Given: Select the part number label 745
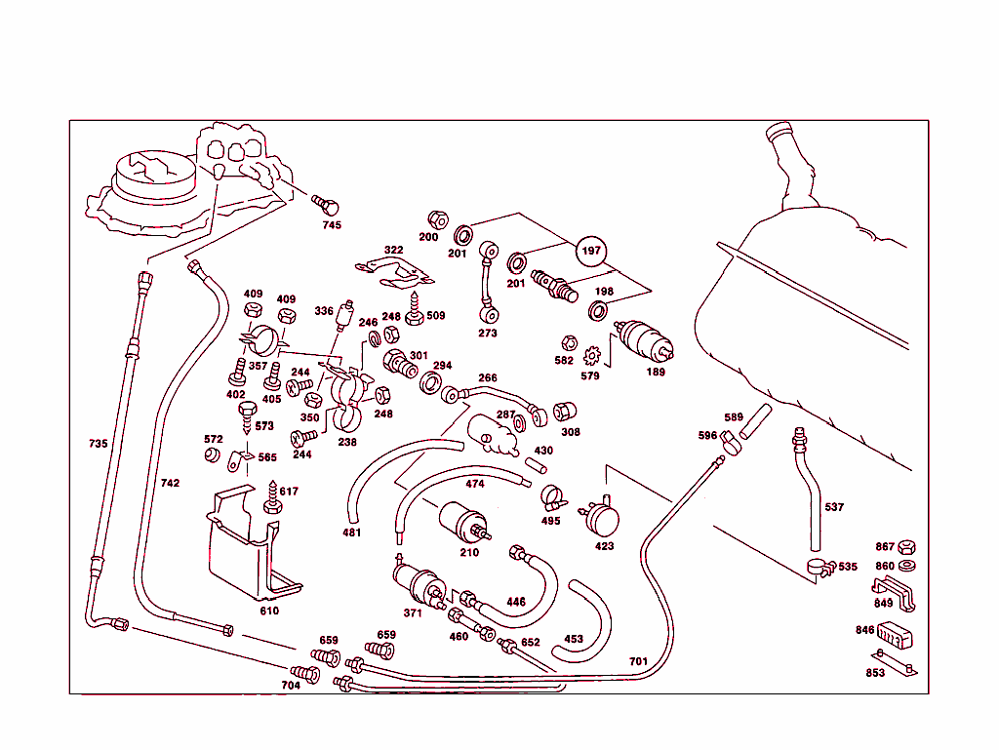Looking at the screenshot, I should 333,225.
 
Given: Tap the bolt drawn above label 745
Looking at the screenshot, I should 326,205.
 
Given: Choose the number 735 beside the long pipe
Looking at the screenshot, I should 98,444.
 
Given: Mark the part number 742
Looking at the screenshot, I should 170,484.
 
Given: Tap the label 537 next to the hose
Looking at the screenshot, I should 834,507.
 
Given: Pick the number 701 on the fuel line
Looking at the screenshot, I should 638,662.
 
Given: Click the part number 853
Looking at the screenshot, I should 875,673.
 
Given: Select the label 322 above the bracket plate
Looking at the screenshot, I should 393,251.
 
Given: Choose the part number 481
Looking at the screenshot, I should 351,533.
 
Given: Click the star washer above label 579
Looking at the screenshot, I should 591,358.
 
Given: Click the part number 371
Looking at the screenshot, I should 413,612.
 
